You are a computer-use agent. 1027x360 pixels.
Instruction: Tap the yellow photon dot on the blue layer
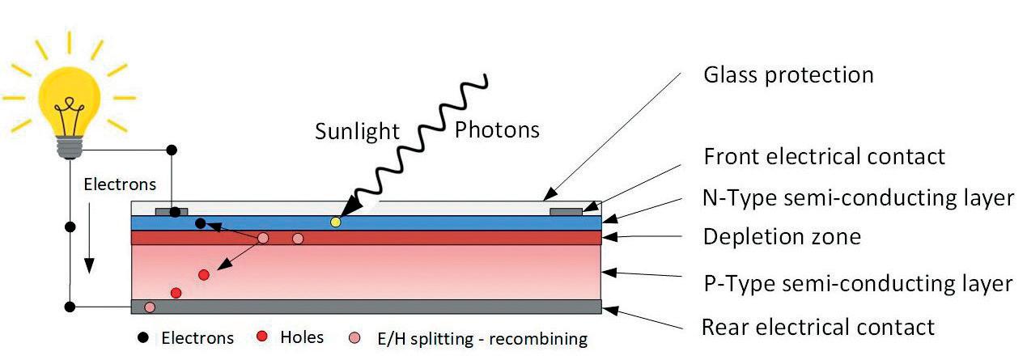pyautogui.click(x=336, y=222)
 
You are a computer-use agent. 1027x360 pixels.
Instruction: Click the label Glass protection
pyautogui.click(x=788, y=75)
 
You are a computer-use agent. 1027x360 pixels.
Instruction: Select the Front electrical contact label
pyautogui.click(x=825, y=155)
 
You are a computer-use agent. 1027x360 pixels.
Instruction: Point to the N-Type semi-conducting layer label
pyautogui.click(x=859, y=197)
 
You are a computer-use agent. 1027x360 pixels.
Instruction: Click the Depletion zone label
pyautogui.click(x=781, y=237)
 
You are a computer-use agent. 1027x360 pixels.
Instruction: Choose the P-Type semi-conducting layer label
pyautogui.click(x=857, y=284)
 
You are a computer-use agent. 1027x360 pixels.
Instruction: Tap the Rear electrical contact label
pyautogui.click(x=817, y=327)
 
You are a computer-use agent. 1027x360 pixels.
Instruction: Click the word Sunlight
pyautogui.click(x=358, y=132)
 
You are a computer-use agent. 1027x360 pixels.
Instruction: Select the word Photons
pyautogui.click(x=496, y=129)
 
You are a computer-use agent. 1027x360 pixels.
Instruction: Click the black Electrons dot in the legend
pyautogui.click(x=143, y=337)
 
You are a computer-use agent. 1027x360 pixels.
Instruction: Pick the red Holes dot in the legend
pyautogui.click(x=261, y=337)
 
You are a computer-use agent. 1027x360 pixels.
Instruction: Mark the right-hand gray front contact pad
pyautogui.click(x=565, y=212)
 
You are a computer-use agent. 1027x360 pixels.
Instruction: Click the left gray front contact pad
pyautogui.click(x=171, y=212)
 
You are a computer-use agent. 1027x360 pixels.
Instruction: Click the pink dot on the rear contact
pyautogui.click(x=150, y=307)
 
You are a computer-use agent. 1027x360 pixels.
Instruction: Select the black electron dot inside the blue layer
pyautogui.click(x=200, y=223)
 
